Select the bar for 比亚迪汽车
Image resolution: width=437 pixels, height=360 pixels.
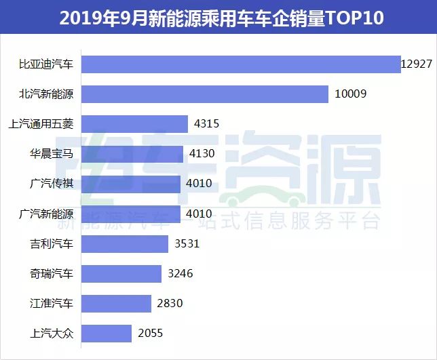tap(241, 64)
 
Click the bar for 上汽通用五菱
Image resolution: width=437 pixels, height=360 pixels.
tap(134, 124)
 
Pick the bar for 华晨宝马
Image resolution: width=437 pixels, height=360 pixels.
tap(132, 154)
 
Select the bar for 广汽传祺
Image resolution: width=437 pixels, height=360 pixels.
tap(131, 184)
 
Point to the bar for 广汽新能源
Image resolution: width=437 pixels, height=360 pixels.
tap(131, 214)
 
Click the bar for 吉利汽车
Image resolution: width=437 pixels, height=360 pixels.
tap(125, 244)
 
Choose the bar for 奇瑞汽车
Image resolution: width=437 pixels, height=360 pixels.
tap(121, 274)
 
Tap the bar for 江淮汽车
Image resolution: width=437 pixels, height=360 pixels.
tap(116, 304)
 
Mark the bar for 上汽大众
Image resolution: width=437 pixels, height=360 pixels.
tap(107, 334)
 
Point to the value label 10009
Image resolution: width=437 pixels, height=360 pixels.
tap(351, 94)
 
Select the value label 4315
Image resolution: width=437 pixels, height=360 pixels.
tap(208, 124)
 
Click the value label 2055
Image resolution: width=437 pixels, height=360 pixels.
tap(151, 334)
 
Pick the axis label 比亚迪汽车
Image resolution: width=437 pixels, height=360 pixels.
tap(45, 64)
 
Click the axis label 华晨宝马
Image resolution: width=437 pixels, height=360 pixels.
tap(51, 154)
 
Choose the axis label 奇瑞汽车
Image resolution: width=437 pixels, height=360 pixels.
tap(51, 274)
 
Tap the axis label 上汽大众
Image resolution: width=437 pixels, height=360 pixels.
tap(51, 334)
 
